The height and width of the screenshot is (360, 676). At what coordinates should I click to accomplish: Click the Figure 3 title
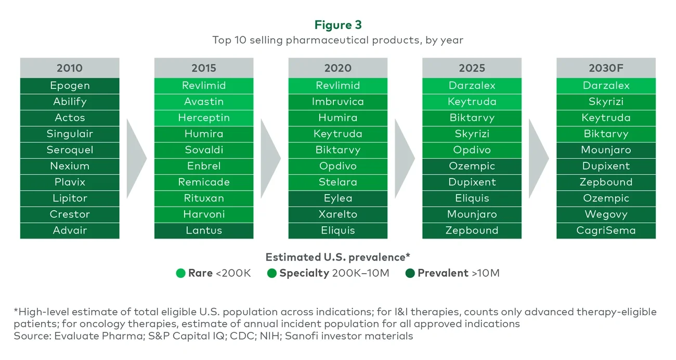337,25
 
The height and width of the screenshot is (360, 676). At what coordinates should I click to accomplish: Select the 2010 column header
70,68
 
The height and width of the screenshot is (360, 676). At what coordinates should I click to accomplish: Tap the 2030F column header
606,68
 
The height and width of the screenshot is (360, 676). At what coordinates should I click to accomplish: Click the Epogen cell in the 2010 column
70,86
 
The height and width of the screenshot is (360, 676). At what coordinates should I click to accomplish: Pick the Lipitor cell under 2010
70,198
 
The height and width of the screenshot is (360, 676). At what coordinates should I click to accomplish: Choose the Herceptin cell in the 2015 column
204,118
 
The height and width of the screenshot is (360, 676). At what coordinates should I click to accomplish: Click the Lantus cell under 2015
204,230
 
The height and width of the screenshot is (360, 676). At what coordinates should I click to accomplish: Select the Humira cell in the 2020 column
338,118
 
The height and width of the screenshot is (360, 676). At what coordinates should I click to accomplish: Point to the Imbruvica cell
338,102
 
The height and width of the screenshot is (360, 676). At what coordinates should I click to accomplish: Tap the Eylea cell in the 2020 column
338,198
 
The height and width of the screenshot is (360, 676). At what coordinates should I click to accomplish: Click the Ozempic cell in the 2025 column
472,166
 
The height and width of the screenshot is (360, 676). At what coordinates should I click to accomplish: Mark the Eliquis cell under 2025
472,198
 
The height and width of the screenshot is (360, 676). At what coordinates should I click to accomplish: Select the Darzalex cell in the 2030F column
606,86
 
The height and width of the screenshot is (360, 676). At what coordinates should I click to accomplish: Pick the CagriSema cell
606,230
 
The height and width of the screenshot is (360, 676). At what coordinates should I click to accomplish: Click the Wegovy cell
606,214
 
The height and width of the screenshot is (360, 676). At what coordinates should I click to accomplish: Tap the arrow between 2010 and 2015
136,158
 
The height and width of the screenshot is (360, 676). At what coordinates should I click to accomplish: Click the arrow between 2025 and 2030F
538,158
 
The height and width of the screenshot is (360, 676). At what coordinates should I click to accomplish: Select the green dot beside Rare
181,273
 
